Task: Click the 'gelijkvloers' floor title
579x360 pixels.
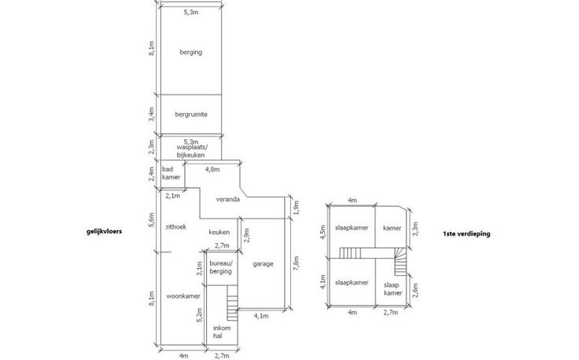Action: pos(104,232)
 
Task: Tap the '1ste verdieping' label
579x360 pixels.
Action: pos(467,233)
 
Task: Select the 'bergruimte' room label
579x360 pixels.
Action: pos(191,114)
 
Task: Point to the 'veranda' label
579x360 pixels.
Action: pos(228,199)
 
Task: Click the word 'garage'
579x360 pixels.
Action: pos(263,264)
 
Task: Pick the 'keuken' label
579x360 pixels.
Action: pos(219,232)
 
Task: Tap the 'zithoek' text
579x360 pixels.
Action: pos(175,227)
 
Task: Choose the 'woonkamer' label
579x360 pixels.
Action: pos(183,296)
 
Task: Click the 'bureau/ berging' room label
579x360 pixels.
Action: pos(221,267)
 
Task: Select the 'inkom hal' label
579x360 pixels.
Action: pos(222,332)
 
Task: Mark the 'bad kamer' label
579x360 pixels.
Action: pos(171,173)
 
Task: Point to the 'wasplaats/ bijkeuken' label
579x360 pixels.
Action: pos(191,151)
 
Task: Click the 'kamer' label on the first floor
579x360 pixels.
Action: pos(392,228)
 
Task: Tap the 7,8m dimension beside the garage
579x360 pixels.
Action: pos(296,263)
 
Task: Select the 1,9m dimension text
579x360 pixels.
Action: pos(296,208)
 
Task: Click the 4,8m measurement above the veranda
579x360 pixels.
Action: pos(212,169)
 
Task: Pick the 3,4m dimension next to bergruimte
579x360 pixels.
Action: pos(151,114)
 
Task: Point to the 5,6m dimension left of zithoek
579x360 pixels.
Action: pos(151,220)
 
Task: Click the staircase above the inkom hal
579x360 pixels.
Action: pos(232,303)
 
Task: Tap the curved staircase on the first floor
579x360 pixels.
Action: pos(400,261)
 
